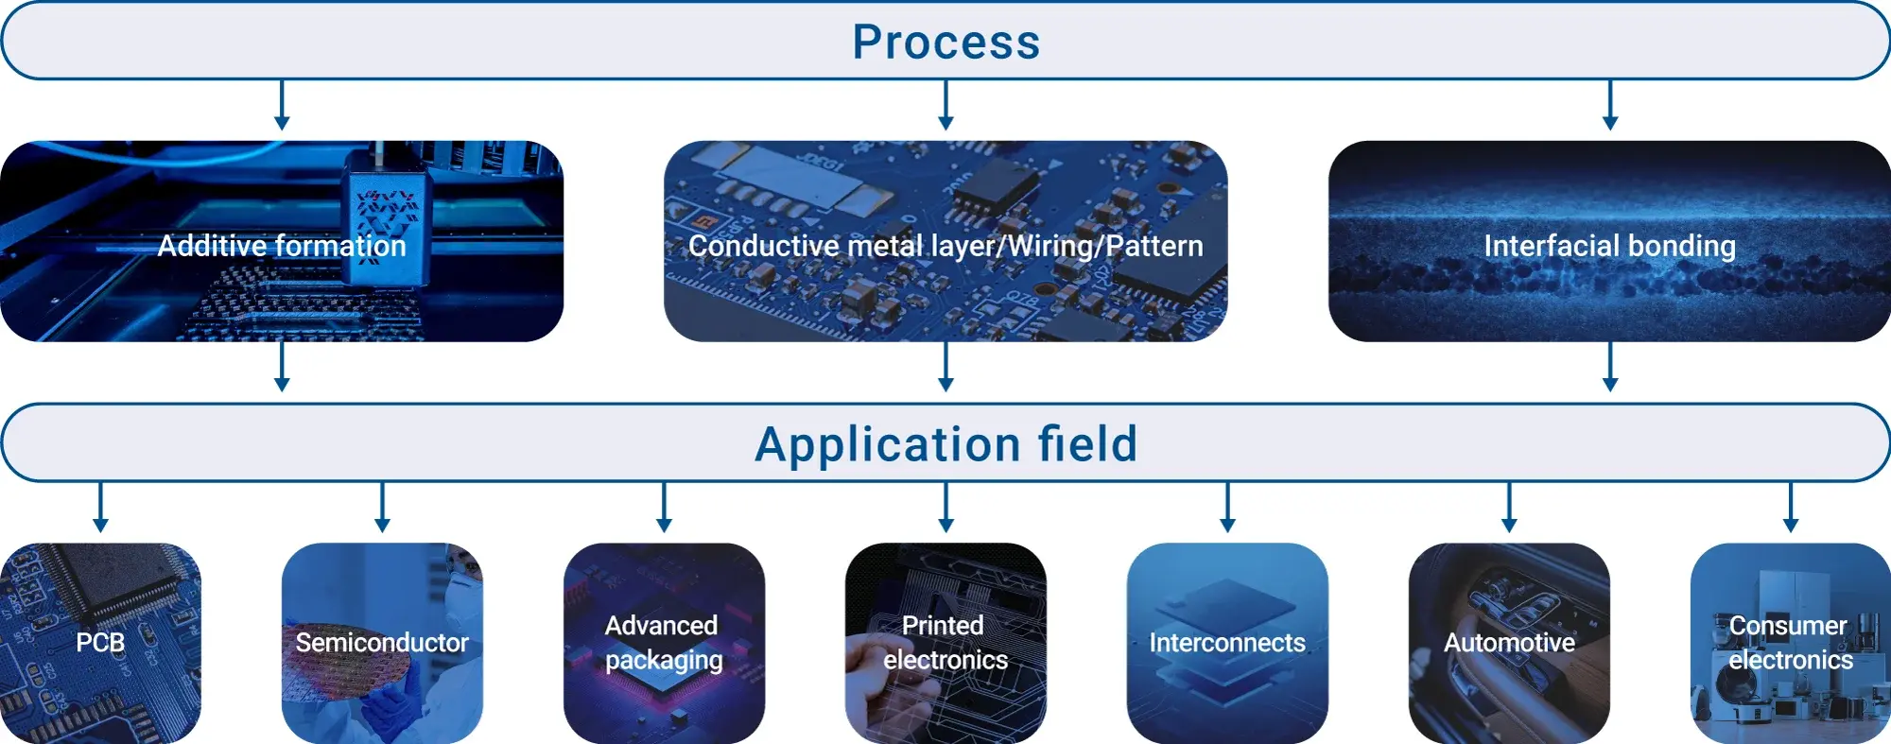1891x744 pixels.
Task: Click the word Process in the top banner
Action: [946, 42]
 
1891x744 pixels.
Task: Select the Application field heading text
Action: [946, 444]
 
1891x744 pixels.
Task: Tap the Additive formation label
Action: [282, 246]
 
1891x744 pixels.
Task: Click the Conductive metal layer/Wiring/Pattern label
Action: [945, 246]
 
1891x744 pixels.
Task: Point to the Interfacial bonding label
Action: [1610, 246]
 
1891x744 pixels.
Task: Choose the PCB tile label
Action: [100, 643]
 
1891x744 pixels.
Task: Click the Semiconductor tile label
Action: [382, 643]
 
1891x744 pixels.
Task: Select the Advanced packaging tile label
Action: [664, 643]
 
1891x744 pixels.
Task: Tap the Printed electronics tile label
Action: [945, 643]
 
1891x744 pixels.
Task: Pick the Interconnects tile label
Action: [1227, 643]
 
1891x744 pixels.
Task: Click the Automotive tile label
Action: [1509, 643]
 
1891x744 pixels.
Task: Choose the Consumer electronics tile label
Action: [1791, 643]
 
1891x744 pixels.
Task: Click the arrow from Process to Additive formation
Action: [282, 105]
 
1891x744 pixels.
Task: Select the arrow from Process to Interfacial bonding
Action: [1610, 105]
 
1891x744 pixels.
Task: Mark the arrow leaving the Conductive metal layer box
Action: [945, 367]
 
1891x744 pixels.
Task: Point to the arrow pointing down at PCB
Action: [100, 508]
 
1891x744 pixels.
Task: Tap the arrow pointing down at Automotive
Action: [1509, 508]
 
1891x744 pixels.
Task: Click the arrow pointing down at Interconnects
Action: [1227, 508]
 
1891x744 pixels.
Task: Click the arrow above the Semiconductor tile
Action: [382, 508]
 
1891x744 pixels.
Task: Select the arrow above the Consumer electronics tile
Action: [1791, 508]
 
